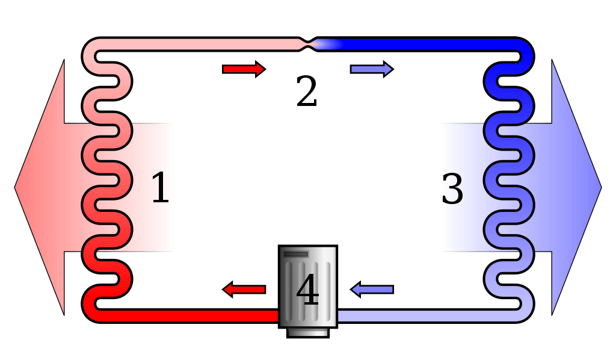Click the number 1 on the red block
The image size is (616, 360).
[x=159, y=187]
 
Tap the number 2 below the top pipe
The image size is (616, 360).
[x=306, y=92]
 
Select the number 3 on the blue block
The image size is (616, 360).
[x=452, y=188]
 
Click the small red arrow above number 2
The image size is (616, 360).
[x=244, y=69]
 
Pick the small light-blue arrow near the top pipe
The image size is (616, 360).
[x=372, y=69]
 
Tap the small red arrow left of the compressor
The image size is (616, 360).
[x=244, y=290]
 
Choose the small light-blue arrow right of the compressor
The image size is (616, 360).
[x=372, y=290]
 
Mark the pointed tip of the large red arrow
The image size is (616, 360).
[x=16, y=187]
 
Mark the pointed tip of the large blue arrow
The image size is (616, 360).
[x=600, y=187]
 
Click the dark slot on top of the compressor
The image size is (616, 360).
[x=296, y=254]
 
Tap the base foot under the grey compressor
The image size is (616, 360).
[x=307, y=332]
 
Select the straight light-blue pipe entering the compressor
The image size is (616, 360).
[x=421, y=315]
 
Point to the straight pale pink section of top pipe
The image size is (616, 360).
[x=199, y=44]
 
